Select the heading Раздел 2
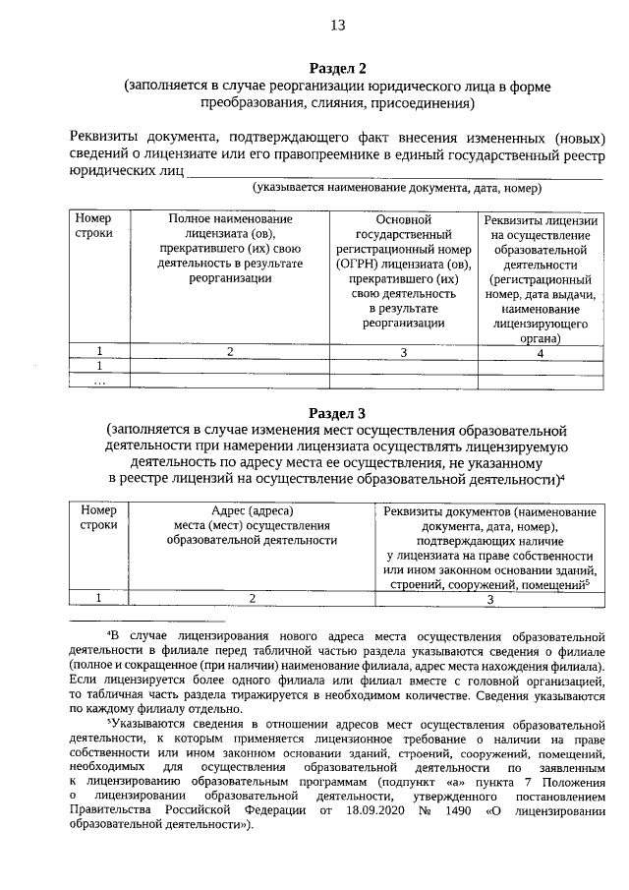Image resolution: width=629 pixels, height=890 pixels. pyautogui.click(x=337, y=68)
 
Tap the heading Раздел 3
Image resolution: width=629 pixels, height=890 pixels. pyautogui.click(x=337, y=413)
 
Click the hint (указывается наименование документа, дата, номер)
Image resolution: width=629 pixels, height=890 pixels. pyautogui.click(x=397, y=188)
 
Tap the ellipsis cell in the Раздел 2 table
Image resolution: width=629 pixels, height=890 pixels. pyautogui.click(x=99, y=382)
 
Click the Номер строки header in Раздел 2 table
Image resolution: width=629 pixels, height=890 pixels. pyautogui.click(x=94, y=226)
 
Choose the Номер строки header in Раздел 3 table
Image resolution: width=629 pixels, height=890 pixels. pyautogui.click(x=99, y=518)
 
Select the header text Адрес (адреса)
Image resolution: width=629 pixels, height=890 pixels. pyautogui.click(x=252, y=510)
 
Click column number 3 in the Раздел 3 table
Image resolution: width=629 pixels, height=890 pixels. pyautogui.click(x=488, y=597)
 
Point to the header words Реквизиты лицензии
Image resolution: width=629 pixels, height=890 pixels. pyautogui.click(x=541, y=219)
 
